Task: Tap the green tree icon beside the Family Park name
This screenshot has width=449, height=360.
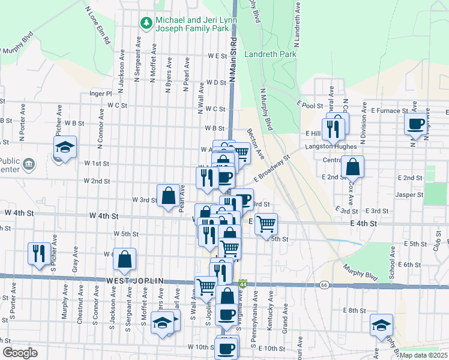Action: click(146, 23)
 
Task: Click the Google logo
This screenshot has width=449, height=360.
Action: click(19, 353)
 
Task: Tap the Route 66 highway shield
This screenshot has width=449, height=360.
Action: click(325, 284)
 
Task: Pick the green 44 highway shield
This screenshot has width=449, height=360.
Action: click(243, 283)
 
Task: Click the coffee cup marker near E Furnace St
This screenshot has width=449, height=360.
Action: click(415, 124)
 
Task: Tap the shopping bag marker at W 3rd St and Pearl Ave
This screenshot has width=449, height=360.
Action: click(169, 195)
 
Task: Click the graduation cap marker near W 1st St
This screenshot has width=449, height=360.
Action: click(65, 147)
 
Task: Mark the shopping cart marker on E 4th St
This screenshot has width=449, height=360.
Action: click(265, 224)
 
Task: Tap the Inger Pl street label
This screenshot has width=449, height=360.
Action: click(100, 94)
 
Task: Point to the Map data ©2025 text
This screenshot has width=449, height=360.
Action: click(423, 355)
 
